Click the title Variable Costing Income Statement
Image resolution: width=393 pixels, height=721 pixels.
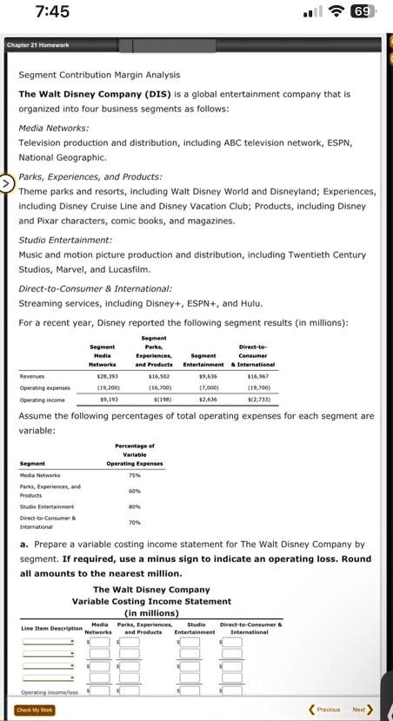tap(151, 600)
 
